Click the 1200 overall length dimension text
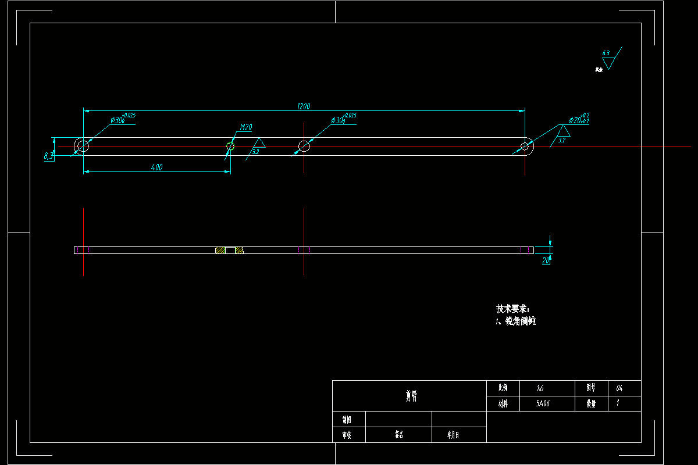304,106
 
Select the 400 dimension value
156,167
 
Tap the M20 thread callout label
245,128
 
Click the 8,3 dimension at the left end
48,155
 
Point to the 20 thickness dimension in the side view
546,261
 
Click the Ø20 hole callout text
579,120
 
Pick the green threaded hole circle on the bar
230,146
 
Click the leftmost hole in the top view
83,145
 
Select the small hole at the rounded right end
525,146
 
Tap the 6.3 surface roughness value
606,53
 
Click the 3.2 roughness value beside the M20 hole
255,152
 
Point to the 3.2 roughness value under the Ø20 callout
561,140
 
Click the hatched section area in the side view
220,251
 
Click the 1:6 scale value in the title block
541,388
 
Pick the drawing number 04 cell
619,388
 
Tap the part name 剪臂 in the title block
411,396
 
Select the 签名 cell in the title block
399,434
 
